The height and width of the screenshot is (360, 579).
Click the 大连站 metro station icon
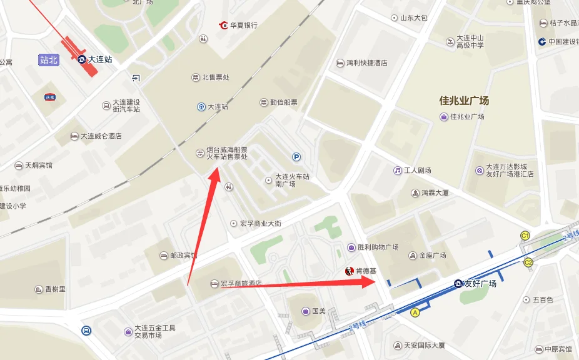pyautogui.click(x=82, y=59)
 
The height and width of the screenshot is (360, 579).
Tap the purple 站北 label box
pyautogui.click(x=49, y=60)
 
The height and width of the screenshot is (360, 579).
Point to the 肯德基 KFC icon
pyautogui.click(x=349, y=271)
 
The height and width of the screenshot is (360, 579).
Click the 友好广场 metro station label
pyautogui.click(x=479, y=284)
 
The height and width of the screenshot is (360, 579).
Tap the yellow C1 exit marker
pyautogui.click(x=526, y=236)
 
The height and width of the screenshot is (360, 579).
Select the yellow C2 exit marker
pyautogui.click(x=528, y=262)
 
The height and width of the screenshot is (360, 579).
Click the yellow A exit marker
pyautogui.click(x=415, y=312)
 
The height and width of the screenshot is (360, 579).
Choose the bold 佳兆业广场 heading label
pyautogui.click(x=463, y=100)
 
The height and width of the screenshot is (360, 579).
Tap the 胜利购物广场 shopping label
pyautogui.click(x=377, y=247)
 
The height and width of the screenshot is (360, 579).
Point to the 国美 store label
pyautogui.click(x=318, y=311)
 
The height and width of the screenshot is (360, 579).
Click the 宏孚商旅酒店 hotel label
pyautogui.click(x=241, y=284)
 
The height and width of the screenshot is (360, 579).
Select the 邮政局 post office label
pyautogui.click(x=183, y=256)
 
